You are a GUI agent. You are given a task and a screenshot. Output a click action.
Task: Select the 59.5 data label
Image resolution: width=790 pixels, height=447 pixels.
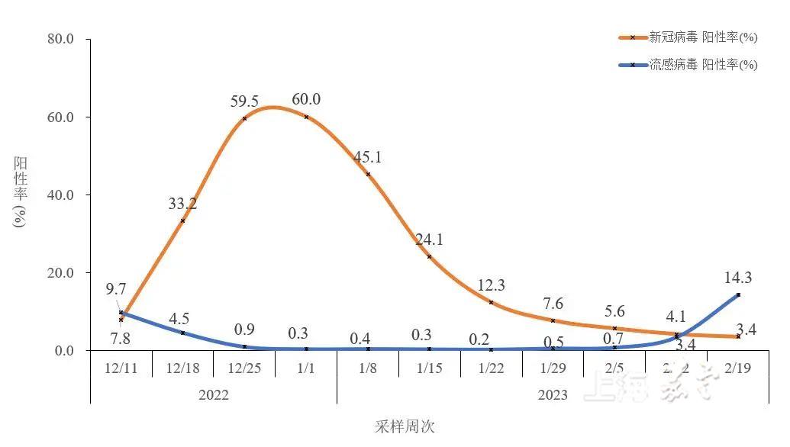click(244, 101)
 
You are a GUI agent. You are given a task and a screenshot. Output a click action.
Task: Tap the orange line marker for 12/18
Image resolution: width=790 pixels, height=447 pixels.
click(182, 220)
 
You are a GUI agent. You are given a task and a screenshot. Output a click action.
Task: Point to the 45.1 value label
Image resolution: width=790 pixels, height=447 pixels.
click(368, 157)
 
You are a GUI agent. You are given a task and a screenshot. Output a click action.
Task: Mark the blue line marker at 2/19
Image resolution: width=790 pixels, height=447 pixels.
click(738, 294)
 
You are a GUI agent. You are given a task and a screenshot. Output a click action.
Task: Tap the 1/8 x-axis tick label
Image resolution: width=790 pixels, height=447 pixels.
click(368, 368)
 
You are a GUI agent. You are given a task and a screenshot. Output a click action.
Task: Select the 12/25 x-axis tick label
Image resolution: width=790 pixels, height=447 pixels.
click(244, 368)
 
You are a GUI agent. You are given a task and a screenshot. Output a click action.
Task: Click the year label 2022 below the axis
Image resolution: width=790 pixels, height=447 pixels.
click(213, 394)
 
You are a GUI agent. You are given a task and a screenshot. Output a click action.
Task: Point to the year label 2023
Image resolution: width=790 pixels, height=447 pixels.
click(553, 394)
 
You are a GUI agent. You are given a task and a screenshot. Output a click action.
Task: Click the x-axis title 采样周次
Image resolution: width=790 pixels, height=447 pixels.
click(405, 426)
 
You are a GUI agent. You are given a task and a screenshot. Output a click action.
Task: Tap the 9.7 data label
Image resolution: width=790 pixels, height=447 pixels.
click(116, 289)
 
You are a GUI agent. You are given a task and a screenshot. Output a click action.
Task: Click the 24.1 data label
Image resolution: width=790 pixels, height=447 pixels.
click(430, 240)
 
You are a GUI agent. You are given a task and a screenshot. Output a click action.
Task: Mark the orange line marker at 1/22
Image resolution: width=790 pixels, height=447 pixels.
click(491, 302)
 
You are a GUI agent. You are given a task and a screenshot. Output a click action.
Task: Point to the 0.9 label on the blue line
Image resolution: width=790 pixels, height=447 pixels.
click(244, 330)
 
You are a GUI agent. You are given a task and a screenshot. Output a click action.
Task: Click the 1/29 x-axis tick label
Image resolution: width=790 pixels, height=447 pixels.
click(553, 368)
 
